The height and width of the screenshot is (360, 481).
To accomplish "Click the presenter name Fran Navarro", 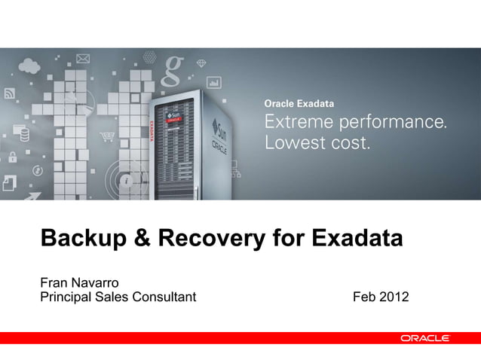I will pyautogui.click(x=78, y=283).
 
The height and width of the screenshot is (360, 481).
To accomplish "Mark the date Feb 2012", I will pyautogui.click(x=381, y=297).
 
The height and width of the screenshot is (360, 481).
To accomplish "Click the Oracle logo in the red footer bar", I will pyautogui.click(x=425, y=339).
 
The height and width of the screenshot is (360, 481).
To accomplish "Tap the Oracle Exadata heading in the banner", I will pyautogui.click(x=299, y=103).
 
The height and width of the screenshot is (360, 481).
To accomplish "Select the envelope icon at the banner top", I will pyautogui.click(x=82, y=57).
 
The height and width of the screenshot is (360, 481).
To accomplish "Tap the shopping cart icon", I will pyautogui.click(x=106, y=137).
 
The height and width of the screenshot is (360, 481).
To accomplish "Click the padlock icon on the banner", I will pyautogui.click(x=12, y=157).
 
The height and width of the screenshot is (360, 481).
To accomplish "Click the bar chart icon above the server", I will pyautogui.click(x=213, y=81).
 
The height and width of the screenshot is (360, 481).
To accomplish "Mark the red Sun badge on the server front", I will pyautogui.click(x=174, y=119).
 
